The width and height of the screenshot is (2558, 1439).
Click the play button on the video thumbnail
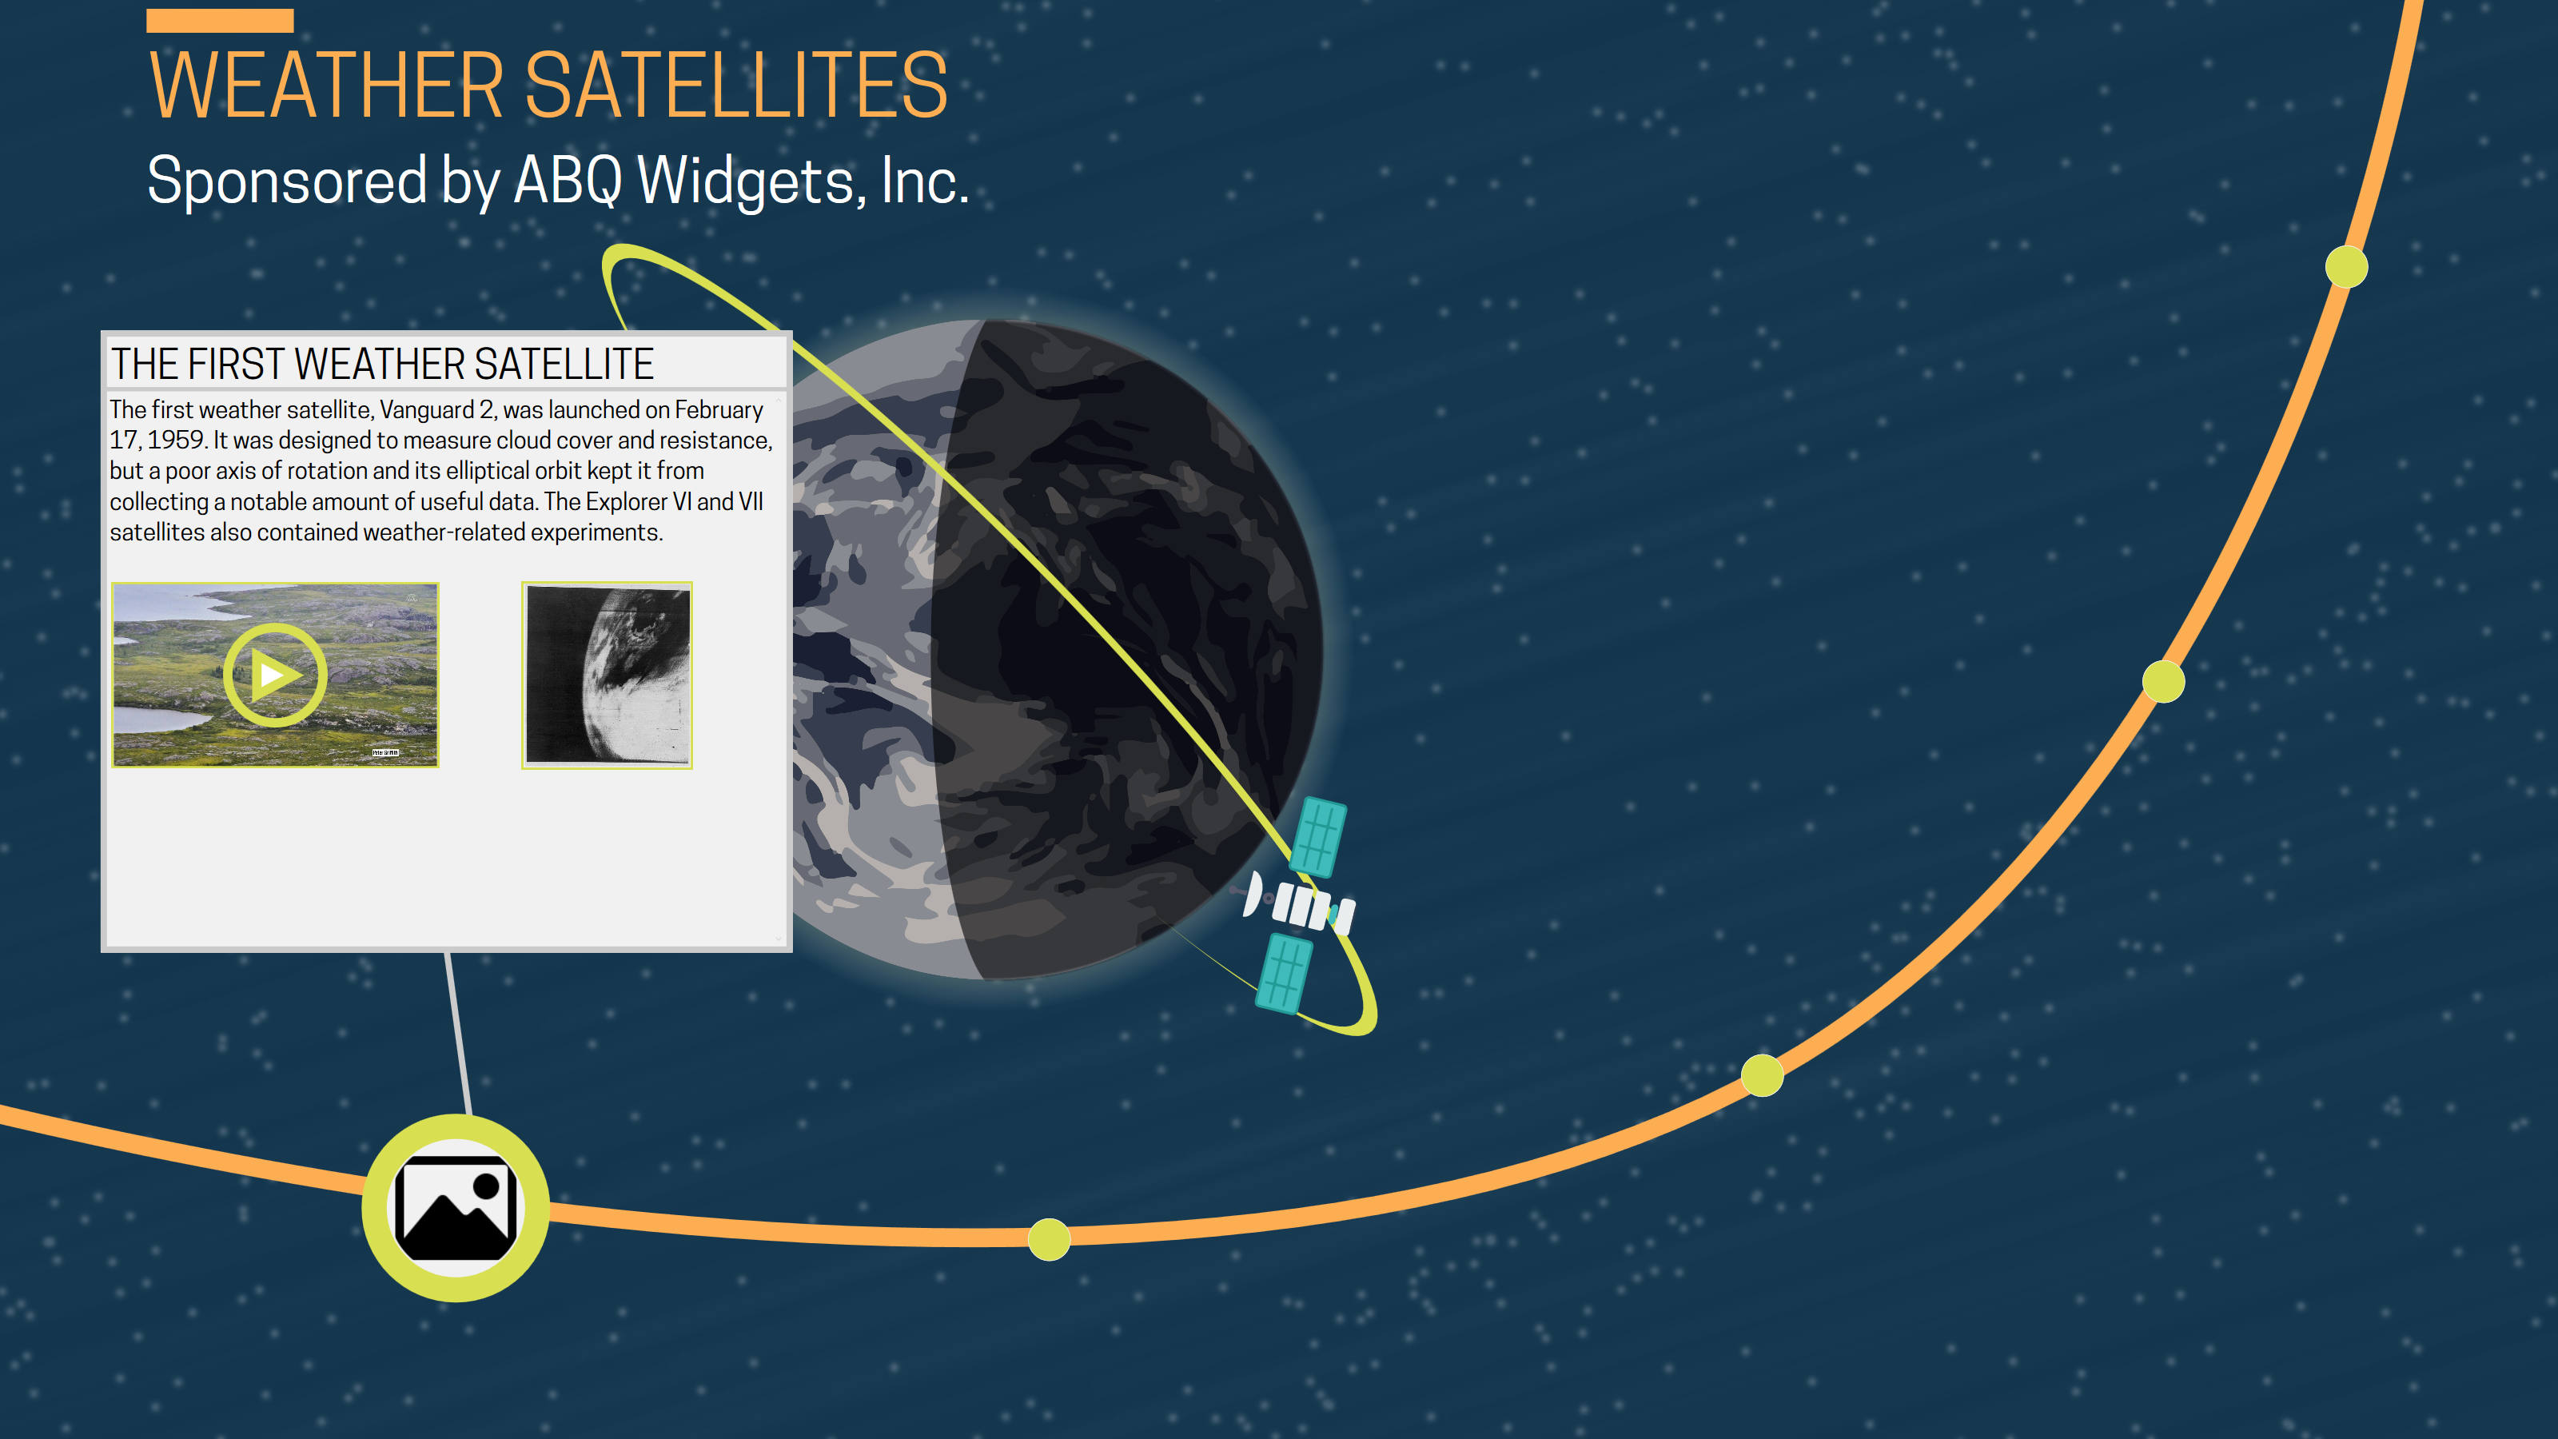pyautogui.click(x=275, y=676)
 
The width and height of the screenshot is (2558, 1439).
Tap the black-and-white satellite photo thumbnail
pyautogui.click(x=607, y=676)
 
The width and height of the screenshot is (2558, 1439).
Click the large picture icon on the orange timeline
pyautogui.click(x=456, y=1208)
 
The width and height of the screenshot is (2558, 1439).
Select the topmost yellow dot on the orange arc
pyautogui.click(x=2346, y=267)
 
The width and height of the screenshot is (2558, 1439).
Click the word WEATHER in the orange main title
pyautogui.click(x=328, y=86)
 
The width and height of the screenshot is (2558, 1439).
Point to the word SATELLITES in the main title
pyautogui.click(x=735, y=86)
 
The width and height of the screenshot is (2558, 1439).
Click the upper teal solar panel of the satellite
pyautogui.click(x=1319, y=837)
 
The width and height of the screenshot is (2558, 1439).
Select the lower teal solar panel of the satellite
pyautogui.click(x=1284, y=973)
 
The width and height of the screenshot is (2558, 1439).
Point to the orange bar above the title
pyautogui.click(x=220, y=20)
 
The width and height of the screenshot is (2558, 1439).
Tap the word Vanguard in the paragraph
pyautogui.click(x=427, y=410)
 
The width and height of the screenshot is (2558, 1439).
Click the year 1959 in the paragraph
pyautogui.click(x=176, y=440)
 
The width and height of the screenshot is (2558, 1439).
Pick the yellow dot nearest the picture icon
pyautogui.click(x=1049, y=1238)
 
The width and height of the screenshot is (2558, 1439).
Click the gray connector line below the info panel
pyautogui.click(x=458, y=1033)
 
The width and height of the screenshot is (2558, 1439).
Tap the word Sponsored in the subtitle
pyautogui.click(x=287, y=181)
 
